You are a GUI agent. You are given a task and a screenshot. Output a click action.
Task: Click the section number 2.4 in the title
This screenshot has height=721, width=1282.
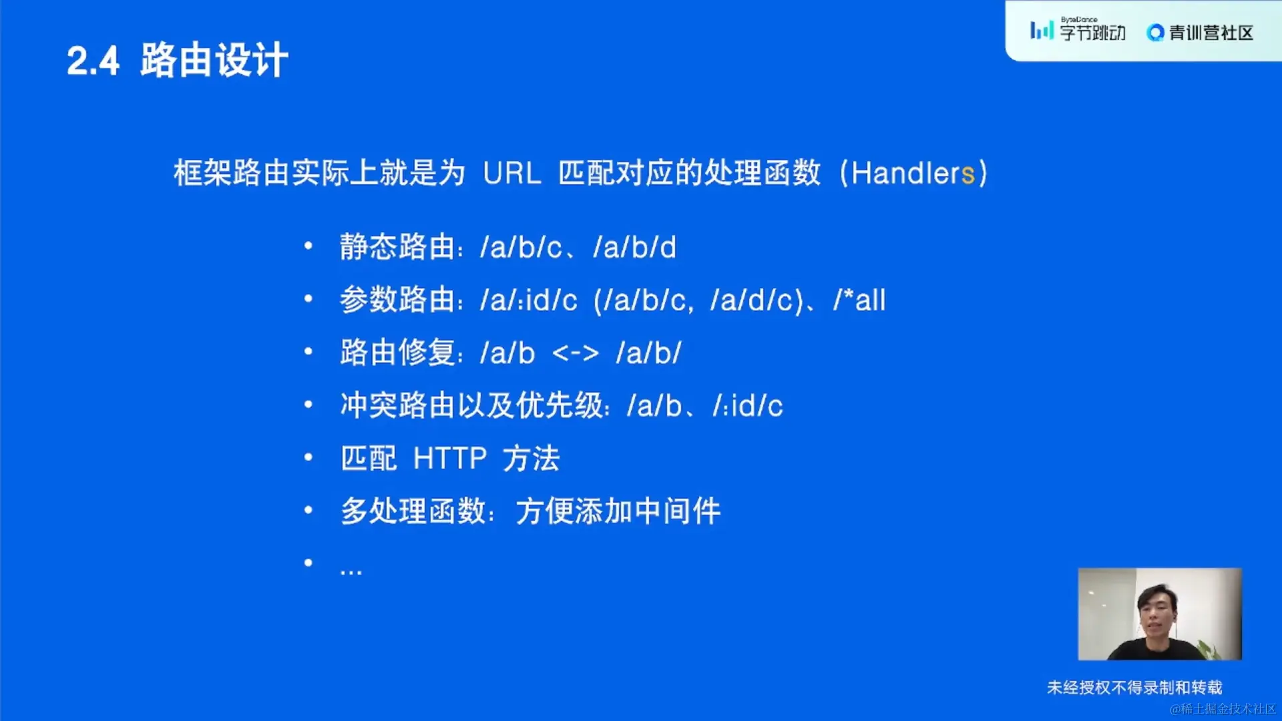[x=93, y=61]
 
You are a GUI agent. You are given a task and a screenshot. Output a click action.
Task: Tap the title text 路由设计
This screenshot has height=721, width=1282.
[x=214, y=60]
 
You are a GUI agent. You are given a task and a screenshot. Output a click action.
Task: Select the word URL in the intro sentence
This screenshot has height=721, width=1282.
[x=511, y=174]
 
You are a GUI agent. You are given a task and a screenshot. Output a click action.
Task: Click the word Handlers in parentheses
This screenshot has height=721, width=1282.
[x=913, y=174]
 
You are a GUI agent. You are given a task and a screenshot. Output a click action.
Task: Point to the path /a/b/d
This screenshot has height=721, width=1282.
[x=634, y=247]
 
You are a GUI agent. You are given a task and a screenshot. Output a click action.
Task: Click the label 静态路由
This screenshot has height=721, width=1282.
[x=397, y=247]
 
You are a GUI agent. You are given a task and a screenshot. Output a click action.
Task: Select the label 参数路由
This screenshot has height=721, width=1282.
[x=397, y=300]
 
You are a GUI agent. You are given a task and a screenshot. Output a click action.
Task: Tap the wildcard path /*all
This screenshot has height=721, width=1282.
[x=859, y=300]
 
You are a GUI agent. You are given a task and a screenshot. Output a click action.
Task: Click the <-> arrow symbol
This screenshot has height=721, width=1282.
[x=576, y=353]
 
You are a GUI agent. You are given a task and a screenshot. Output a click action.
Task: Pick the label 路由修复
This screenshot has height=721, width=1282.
[x=397, y=352]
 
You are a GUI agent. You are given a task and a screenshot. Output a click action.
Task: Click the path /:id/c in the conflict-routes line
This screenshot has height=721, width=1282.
[x=747, y=406]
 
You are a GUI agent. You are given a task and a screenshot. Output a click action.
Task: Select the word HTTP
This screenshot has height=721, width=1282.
[x=450, y=459]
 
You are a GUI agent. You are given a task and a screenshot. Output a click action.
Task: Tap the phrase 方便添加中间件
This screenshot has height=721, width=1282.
[x=618, y=511]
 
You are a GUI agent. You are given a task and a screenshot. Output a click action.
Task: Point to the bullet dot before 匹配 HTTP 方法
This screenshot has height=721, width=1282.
[x=308, y=457]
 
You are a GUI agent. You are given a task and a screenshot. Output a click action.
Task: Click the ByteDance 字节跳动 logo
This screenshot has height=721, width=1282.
[x=1078, y=30]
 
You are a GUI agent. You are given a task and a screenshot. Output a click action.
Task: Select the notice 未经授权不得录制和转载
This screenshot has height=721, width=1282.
[x=1134, y=688]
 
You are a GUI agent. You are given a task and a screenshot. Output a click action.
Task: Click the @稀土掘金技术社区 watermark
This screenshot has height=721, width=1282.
[x=1223, y=709]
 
